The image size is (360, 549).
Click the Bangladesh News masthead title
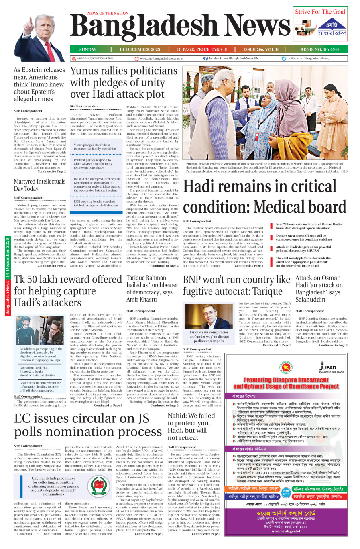coord(174,28)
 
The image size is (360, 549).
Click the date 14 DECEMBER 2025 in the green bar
coord(140,49)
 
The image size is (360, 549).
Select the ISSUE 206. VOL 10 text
coord(261,49)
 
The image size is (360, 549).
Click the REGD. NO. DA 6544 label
coord(319,49)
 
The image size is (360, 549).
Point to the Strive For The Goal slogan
coord(320,12)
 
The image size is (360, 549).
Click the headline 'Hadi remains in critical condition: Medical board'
coord(264,197)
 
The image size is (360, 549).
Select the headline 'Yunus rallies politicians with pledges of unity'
coord(124,82)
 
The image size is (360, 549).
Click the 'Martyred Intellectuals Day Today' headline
coord(39,185)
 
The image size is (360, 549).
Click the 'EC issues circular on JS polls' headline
coord(88,425)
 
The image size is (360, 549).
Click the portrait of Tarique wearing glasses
coord(205,316)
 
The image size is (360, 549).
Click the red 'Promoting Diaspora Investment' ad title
coord(286,383)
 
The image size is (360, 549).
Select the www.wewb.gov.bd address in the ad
coord(286,531)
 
